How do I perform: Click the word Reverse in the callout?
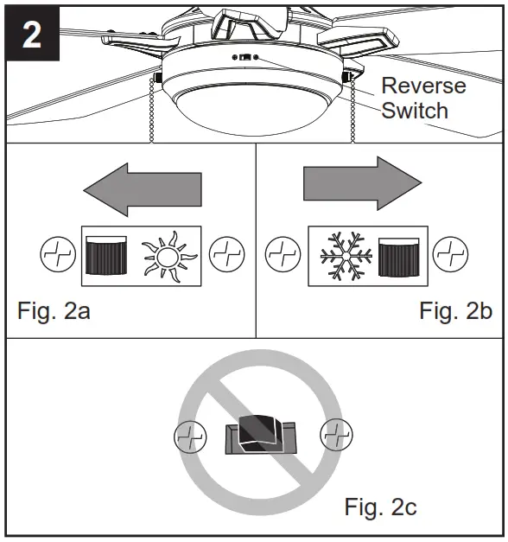tap(423, 86)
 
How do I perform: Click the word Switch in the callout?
tap(415, 110)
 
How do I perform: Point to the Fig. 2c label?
tap(380, 506)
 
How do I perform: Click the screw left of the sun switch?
tap(58, 256)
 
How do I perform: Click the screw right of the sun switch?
tap(228, 256)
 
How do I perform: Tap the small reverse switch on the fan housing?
tap(245, 60)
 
